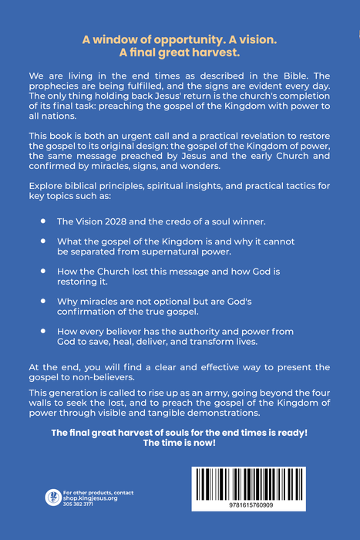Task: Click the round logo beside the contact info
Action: click(53, 497)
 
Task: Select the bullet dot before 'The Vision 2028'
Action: click(44, 220)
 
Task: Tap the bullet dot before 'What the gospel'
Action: click(44, 241)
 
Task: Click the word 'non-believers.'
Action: click(114, 377)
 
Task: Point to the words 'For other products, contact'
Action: click(98, 492)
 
